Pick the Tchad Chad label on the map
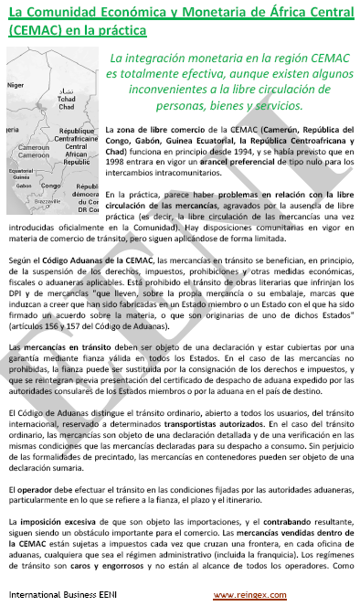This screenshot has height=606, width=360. click(68, 102)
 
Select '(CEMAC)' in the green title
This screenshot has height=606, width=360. click(37, 28)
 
